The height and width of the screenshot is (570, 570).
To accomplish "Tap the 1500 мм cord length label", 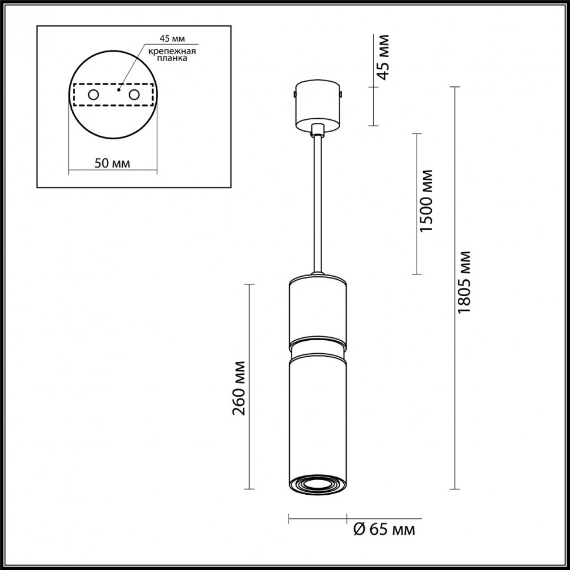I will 427,200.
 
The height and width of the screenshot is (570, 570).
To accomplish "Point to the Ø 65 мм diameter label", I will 384,529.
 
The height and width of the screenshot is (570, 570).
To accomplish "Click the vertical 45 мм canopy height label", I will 383,57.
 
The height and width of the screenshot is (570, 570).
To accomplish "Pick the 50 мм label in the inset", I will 112,163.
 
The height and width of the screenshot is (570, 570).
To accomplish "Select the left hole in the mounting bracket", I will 93,95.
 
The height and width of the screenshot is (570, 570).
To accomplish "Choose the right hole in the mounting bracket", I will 134,95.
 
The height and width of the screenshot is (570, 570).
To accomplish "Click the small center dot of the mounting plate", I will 118,90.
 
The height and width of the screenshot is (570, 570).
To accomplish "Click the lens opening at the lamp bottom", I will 317,484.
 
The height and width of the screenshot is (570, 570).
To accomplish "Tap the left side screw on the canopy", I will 295,93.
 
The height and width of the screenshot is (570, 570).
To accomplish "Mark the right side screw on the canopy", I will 341,93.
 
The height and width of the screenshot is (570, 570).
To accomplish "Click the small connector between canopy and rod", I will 317,130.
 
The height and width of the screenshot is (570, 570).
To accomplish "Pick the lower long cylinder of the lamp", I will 317,417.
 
